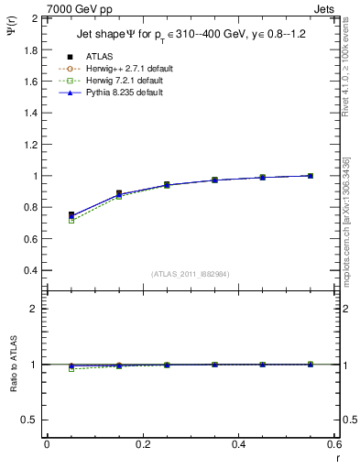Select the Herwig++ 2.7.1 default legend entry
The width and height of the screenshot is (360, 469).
122,68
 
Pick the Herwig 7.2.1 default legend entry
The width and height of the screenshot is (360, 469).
120,81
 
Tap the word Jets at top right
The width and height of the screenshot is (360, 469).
327,8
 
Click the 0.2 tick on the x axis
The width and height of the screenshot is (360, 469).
142,444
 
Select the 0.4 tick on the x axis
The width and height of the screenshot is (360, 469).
238,444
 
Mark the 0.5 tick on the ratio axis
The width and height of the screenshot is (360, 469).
32,420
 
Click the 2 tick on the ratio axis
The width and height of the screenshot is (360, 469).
37,309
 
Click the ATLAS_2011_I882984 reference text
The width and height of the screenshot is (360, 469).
190,274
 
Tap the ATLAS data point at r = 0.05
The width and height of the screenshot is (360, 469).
71,214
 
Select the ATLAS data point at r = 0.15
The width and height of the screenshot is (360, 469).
119,193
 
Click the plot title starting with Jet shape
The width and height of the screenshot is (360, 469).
191,36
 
